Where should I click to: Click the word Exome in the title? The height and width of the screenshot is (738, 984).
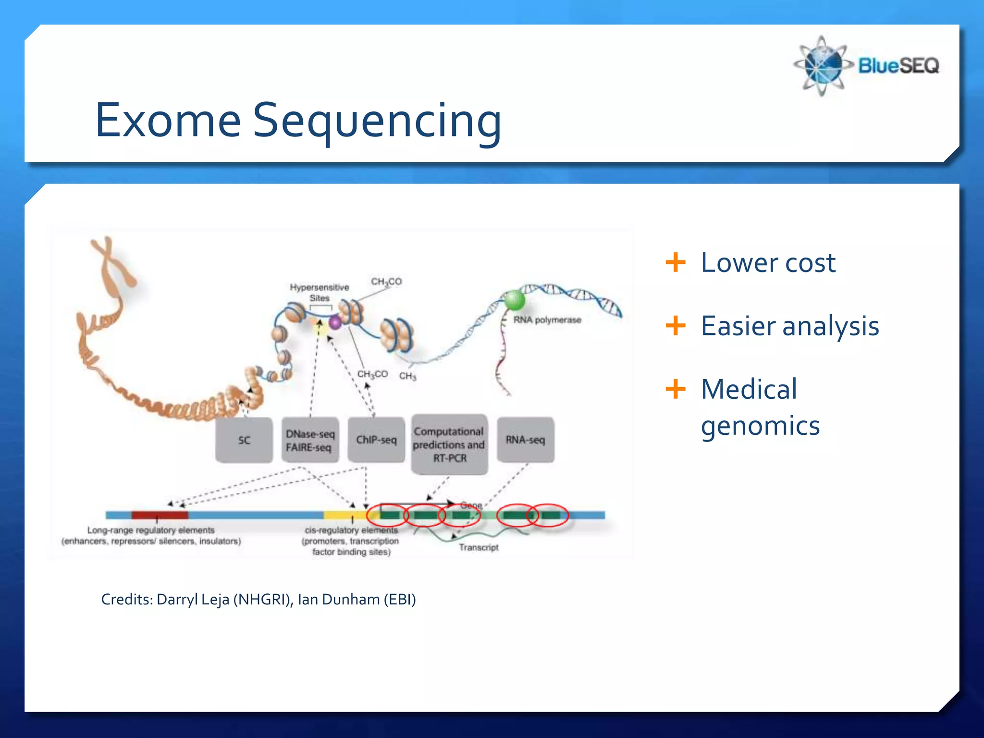[x=168, y=120]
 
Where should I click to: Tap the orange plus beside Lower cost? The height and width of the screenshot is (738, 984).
[x=676, y=262]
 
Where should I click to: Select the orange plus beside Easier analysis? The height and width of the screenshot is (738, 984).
[x=676, y=326]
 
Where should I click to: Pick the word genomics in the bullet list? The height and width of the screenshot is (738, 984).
[x=760, y=426]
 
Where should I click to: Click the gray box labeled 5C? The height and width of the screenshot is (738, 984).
[x=244, y=440]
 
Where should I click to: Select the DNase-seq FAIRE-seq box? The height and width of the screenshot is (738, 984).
[x=310, y=440]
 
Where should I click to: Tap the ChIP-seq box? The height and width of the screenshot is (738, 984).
[x=376, y=440]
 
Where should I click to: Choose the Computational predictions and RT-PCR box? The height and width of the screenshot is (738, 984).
[x=449, y=444]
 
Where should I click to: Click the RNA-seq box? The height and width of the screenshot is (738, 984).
[x=525, y=440]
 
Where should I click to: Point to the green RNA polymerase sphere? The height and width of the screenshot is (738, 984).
[x=514, y=301]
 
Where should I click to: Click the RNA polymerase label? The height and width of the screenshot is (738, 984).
[x=547, y=320]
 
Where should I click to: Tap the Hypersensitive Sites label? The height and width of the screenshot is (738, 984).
[x=319, y=292]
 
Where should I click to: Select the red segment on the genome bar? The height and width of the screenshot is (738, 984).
[x=160, y=515]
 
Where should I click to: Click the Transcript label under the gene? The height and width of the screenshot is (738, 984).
[x=478, y=547]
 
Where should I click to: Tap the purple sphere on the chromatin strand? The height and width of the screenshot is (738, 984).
[x=335, y=322]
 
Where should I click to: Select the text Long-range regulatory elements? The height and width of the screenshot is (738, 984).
[x=151, y=530]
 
